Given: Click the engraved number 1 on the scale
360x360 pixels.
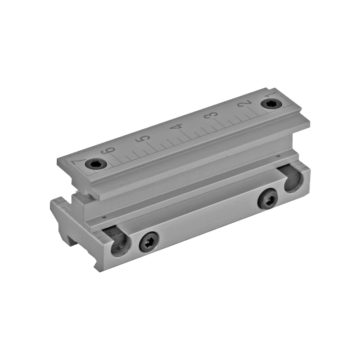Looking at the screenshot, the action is click(x=272, y=95).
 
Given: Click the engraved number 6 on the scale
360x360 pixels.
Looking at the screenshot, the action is click(x=108, y=151).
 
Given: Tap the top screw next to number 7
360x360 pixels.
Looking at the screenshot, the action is click(x=96, y=164).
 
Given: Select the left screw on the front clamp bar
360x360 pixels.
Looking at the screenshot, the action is click(x=150, y=242).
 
